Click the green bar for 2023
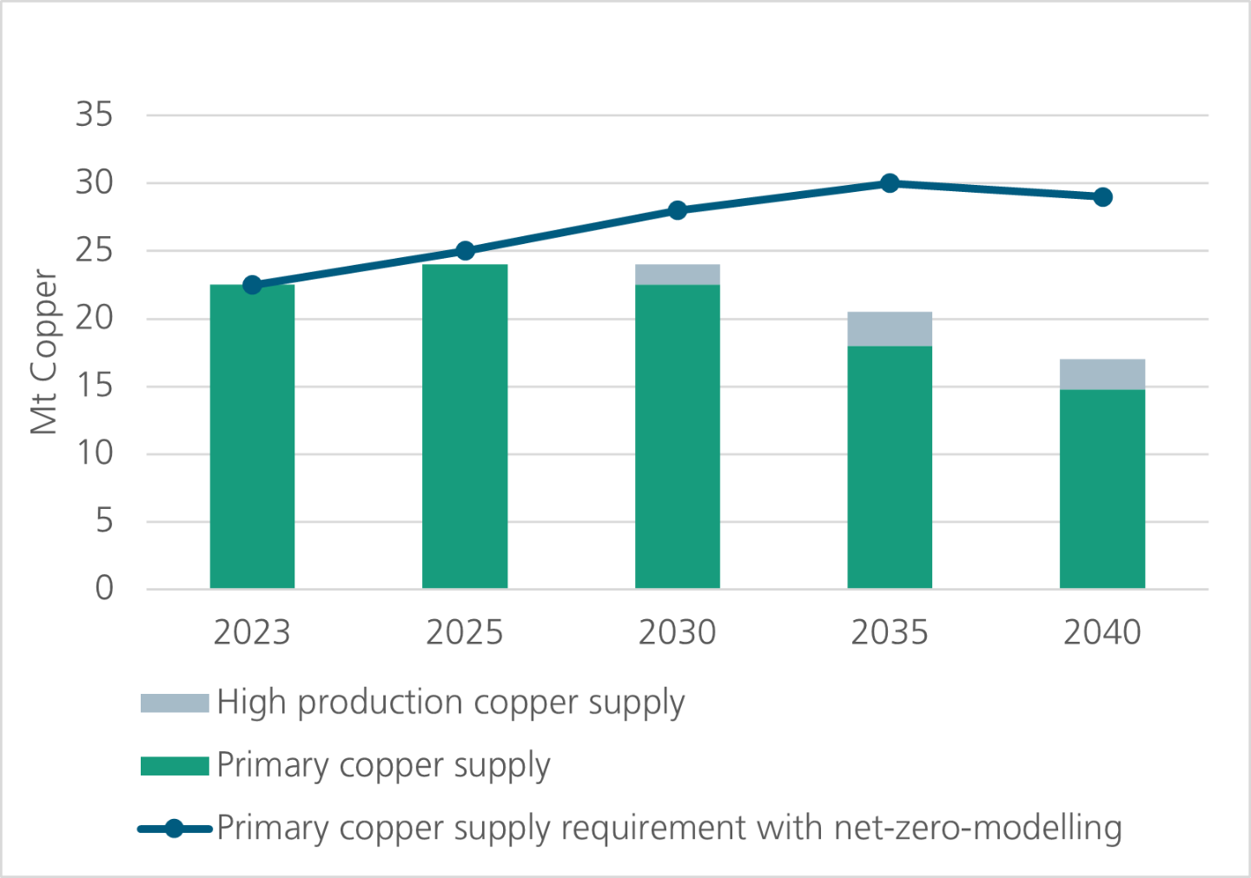click(252, 437)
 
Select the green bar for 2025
click(465, 426)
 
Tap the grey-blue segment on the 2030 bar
click(678, 274)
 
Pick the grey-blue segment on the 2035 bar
click(890, 329)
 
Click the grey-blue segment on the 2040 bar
click(1102, 374)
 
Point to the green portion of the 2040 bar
click(1102, 489)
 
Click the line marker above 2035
click(890, 183)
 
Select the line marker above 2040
click(1102, 197)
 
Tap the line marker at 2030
click(678, 210)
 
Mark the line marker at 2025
click(465, 251)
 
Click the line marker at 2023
click(252, 285)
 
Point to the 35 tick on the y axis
click(95, 115)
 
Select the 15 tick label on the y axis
click(95, 386)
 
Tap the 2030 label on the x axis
click(678, 633)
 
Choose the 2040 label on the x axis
click(1102, 633)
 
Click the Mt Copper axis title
click(43, 352)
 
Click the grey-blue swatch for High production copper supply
click(175, 703)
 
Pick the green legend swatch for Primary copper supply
click(175, 766)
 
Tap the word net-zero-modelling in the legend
click(977, 828)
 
